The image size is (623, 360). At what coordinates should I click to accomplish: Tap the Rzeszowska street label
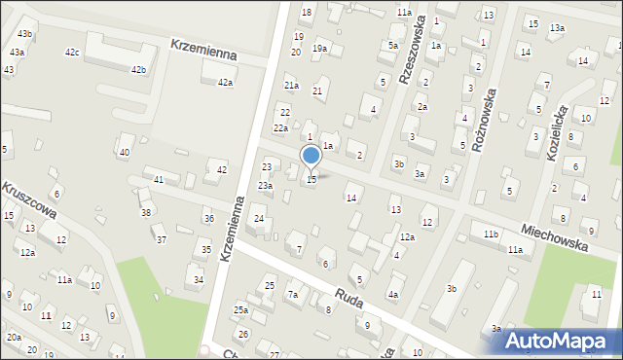tap(413, 54)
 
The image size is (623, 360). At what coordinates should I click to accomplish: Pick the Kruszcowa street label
tap(29, 199)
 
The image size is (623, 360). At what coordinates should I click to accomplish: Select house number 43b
tap(24, 34)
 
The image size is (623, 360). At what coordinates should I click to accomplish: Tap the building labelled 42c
tap(72, 51)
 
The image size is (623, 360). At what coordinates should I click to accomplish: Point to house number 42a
tap(225, 83)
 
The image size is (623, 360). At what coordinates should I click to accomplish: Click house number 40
tap(124, 153)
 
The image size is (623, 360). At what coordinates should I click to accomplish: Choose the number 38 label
tap(146, 212)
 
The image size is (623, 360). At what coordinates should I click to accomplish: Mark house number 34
tap(199, 280)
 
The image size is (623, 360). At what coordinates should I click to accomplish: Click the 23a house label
tap(265, 185)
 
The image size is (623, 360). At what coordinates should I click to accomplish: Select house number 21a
tap(290, 86)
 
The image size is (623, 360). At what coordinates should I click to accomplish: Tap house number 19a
tap(319, 48)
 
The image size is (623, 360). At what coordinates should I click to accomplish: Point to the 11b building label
tap(492, 234)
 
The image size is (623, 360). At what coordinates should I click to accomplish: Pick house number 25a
tap(240, 309)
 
